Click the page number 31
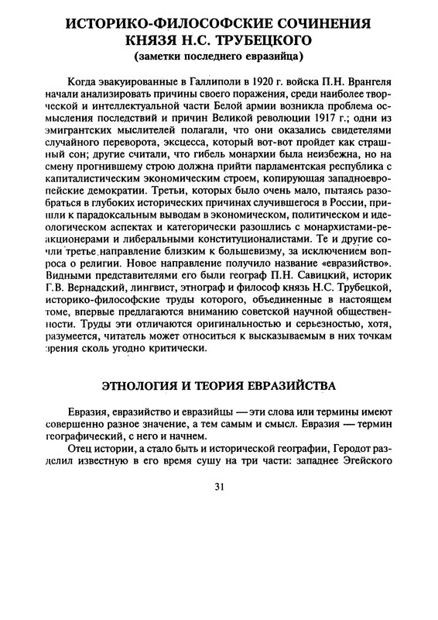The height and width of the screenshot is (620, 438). pos(219,487)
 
